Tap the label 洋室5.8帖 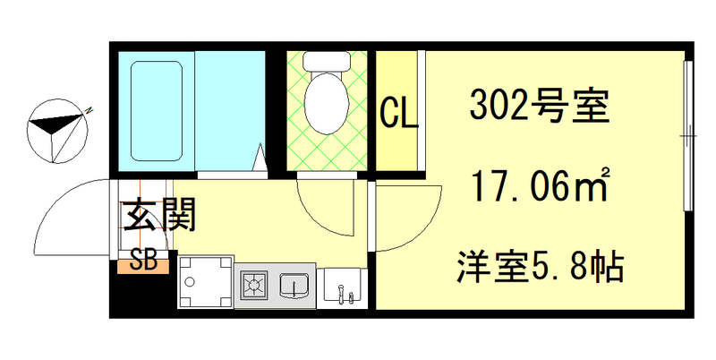coord(540,266)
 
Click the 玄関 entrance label coord(159,217)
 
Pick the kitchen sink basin coord(294,287)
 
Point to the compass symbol coord(58,131)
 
